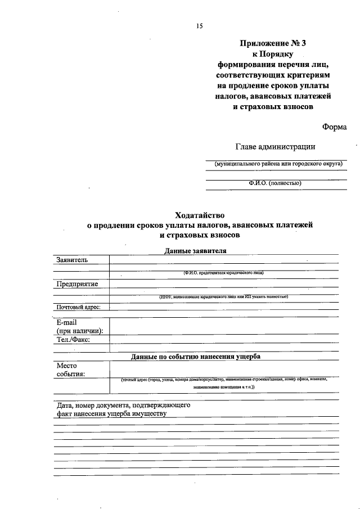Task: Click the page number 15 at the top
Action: (199, 26)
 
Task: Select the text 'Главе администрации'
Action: (274, 147)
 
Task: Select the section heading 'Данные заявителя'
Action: (196, 251)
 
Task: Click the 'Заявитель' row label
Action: (72, 259)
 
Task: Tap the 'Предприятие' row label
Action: (77, 283)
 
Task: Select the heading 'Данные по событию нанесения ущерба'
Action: (196, 357)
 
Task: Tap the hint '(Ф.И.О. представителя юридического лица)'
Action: (223, 272)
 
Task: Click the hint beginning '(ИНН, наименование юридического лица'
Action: (223, 296)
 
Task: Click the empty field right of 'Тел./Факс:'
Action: (224, 339)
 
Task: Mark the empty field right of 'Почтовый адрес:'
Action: (224, 307)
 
